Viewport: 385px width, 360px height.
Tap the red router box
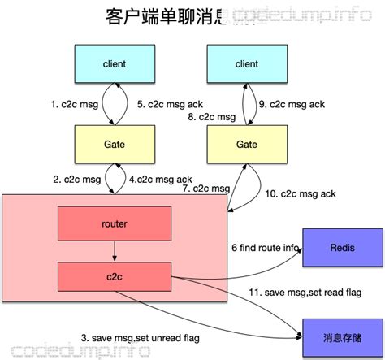[114, 222]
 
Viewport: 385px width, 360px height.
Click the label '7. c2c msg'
[204, 189]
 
